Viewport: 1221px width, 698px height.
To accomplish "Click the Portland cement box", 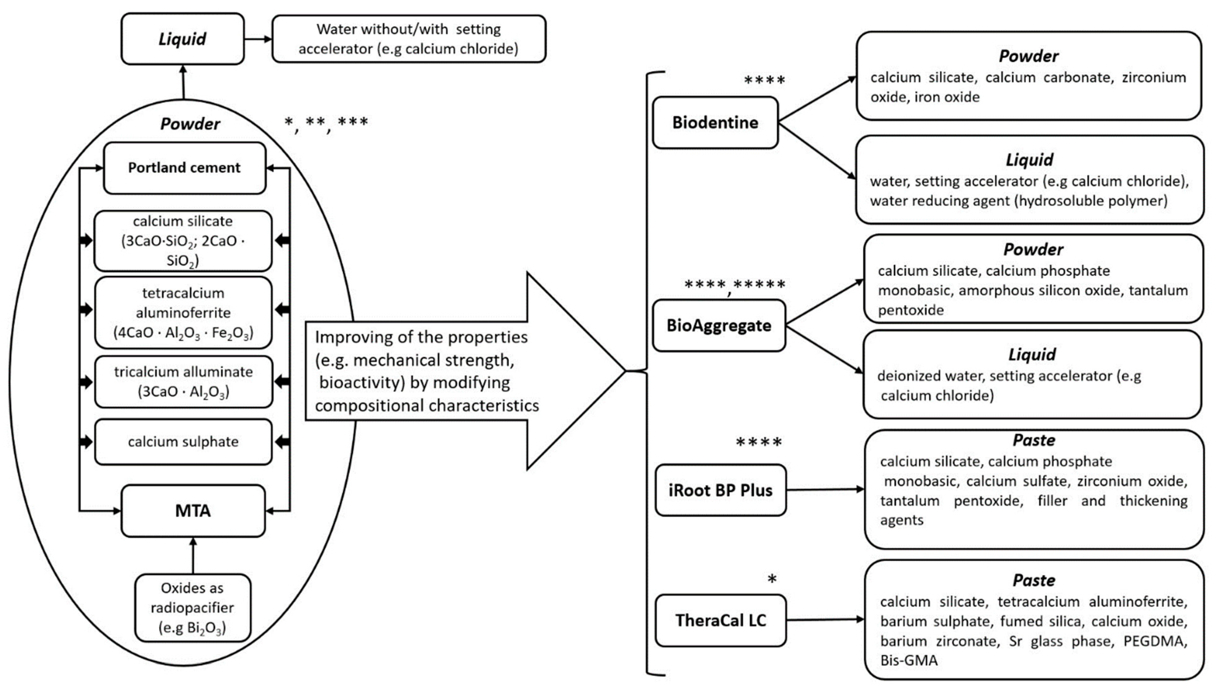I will coord(184,168).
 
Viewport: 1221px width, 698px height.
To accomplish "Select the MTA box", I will coord(193,511).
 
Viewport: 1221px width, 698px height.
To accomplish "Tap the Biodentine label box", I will coord(715,123).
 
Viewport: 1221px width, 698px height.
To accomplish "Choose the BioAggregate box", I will coord(719,325).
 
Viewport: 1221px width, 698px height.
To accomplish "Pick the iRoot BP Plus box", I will coord(720,490).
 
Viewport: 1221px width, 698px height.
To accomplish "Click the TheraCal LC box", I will coord(720,620).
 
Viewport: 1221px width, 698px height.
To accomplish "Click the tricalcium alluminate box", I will coord(184,382).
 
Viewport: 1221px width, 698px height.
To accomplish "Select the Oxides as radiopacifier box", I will coord(193,607).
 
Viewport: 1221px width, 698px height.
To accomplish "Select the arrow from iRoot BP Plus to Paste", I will coord(825,489).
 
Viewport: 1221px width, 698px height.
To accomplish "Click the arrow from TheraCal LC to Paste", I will coord(825,619).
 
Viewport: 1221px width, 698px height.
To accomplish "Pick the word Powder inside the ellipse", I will coord(190,124).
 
